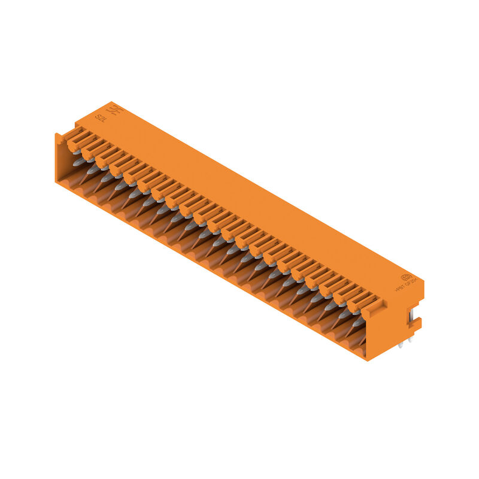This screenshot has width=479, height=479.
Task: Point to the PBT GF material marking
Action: (405, 286)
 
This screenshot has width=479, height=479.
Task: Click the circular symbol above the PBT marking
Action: (406, 277)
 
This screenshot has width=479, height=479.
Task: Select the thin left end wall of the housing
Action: (58, 159)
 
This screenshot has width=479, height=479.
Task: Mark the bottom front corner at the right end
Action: (366, 359)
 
